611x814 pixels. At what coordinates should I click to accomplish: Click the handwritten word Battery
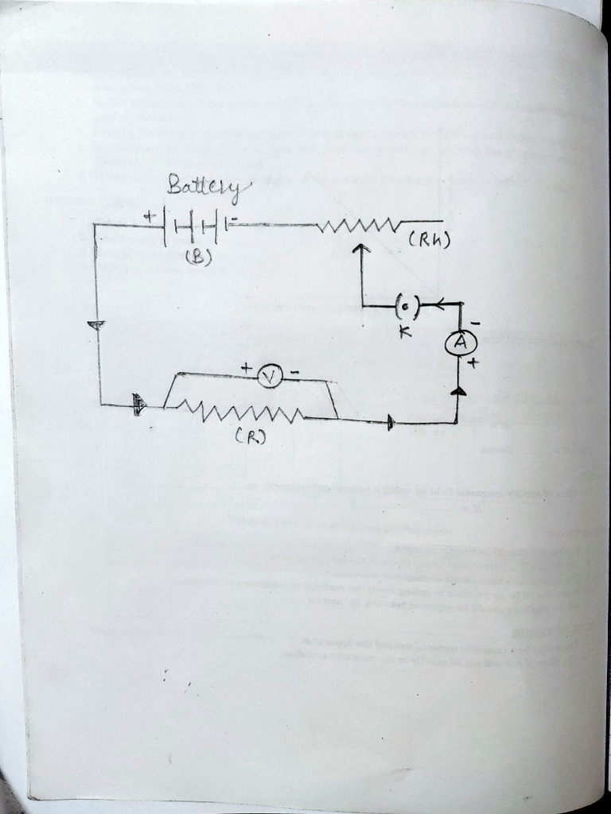(208, 187)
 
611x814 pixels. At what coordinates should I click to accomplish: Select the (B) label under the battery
(197, 257)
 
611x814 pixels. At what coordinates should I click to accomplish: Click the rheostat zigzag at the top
(357, 226)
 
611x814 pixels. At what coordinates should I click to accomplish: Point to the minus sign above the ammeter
(474, 323)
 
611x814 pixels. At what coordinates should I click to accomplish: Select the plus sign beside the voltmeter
(247, 368)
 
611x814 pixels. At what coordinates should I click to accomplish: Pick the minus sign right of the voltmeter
(294, 372)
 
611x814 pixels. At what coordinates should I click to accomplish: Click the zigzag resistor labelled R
(239, 412)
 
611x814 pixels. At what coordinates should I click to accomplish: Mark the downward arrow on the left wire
(96, 326)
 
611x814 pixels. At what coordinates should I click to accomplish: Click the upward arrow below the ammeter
(458, 390)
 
